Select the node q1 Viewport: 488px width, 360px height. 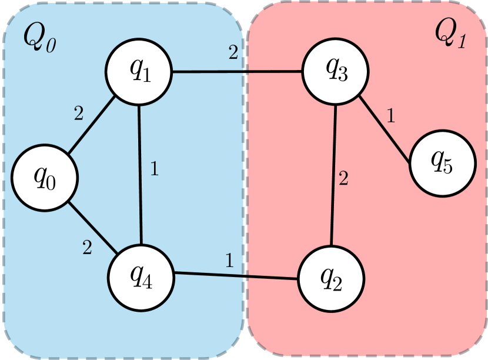click(x=139, y=72)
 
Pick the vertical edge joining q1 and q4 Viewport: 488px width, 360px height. click(x=139, y=171)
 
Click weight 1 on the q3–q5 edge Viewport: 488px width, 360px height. click(x=390, y=114)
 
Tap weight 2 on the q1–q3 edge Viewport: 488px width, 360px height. click(x=233, y=54)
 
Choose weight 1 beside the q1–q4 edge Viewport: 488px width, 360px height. click(x=154, y=169)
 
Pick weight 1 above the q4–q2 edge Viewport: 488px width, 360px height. click(x=229, y=259)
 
